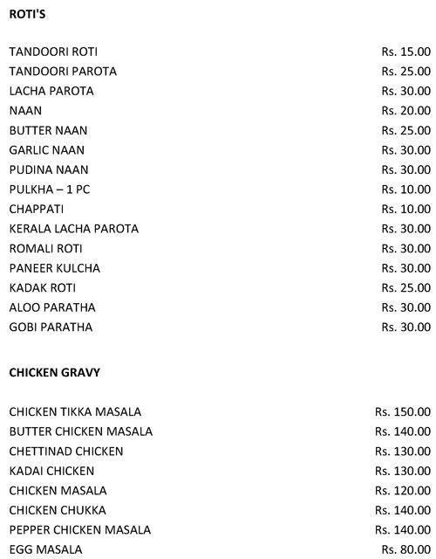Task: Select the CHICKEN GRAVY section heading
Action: click(x=54, y=372)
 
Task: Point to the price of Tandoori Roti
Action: click(x=405, y=52)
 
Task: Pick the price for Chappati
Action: click(x=405, y=210)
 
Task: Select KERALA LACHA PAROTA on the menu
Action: click(x=74, y=229)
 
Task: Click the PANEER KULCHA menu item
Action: click(x=55, y=268)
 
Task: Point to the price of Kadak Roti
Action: click(x=405, y=288)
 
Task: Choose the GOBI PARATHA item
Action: click(x=51, y=328)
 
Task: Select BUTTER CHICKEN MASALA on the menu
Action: click(x=81, y=431)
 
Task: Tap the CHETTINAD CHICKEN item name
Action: click(x=66, y=452)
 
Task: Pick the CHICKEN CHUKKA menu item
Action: click(x=58, y=510)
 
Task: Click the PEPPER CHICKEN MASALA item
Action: click(x=80, y=530)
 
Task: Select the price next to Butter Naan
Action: click(x=405, y=130)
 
